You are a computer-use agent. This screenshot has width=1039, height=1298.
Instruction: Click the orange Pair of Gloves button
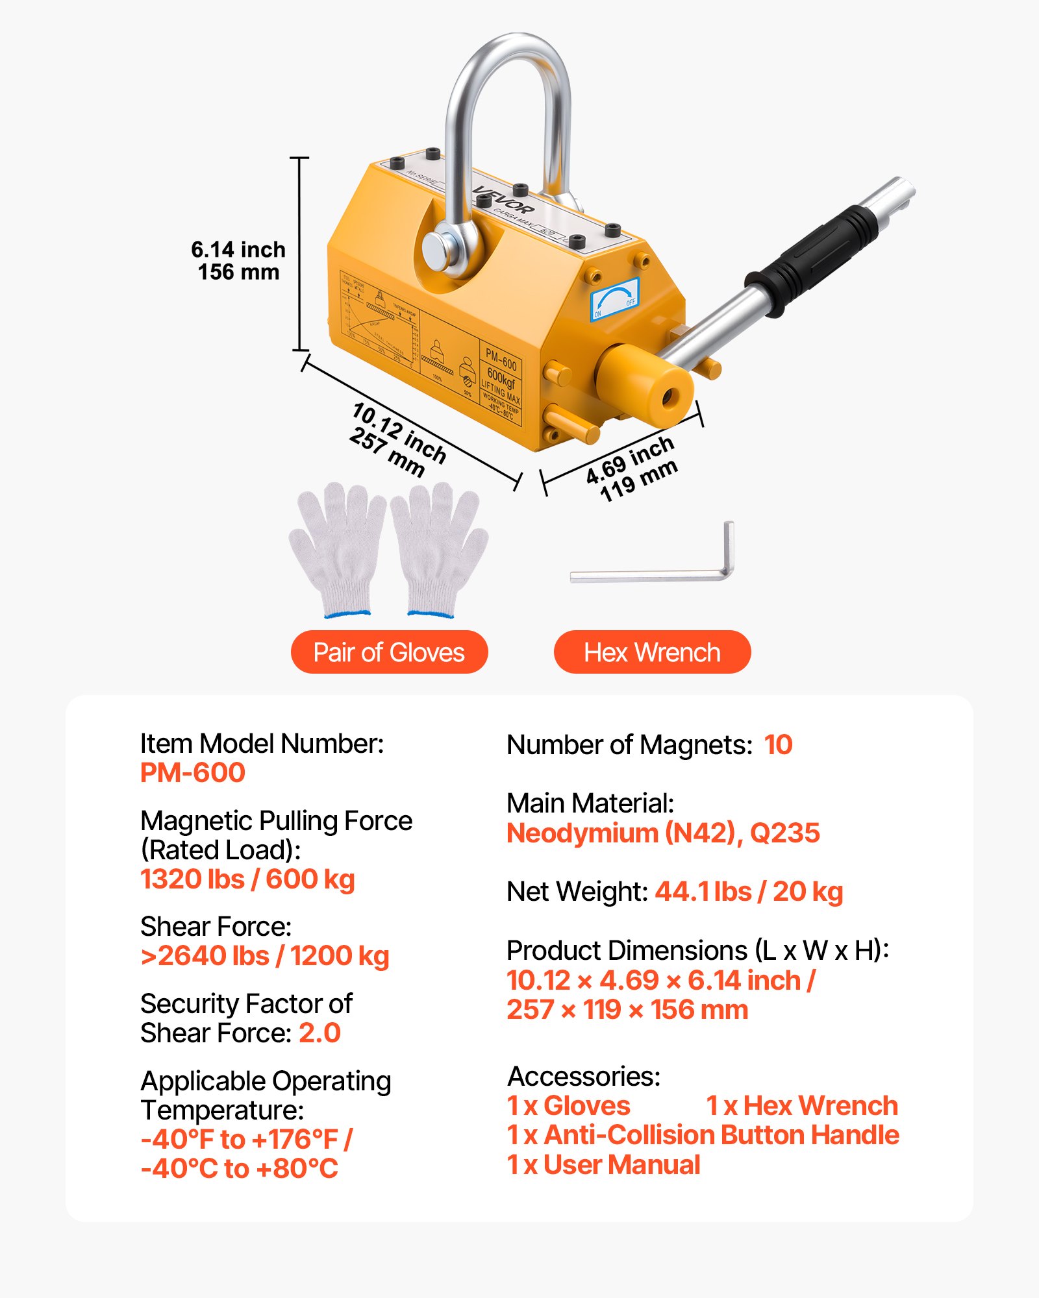point(389,652)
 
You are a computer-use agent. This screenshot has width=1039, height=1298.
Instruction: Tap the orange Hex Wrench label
point(652,652)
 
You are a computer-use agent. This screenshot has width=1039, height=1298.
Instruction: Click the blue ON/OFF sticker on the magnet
point(614,299)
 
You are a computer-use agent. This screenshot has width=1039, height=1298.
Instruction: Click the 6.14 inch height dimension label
point(238,260)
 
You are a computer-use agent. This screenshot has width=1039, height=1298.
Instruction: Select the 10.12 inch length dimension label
point(397,439)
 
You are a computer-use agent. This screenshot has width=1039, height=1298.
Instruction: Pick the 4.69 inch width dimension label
point(631,468)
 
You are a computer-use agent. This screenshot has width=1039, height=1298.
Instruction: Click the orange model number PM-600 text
point(193,772)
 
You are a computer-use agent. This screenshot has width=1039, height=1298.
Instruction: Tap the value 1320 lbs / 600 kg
point(247,879)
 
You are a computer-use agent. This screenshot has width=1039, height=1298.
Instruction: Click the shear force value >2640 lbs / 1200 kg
point(265,956)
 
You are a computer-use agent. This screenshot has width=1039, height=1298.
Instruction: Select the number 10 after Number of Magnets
point(778,744)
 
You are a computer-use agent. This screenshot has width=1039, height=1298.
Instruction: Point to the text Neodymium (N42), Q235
point(663,833)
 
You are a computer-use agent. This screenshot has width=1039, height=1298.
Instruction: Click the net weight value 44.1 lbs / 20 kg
point(749,892)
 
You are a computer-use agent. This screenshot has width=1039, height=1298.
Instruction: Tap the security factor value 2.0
point(319,1033)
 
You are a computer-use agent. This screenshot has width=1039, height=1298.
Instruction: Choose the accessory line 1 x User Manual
point(603,1165)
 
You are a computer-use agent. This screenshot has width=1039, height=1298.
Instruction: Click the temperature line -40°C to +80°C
point(240,1168)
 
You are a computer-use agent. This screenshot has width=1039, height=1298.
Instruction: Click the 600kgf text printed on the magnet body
point(501,378)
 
